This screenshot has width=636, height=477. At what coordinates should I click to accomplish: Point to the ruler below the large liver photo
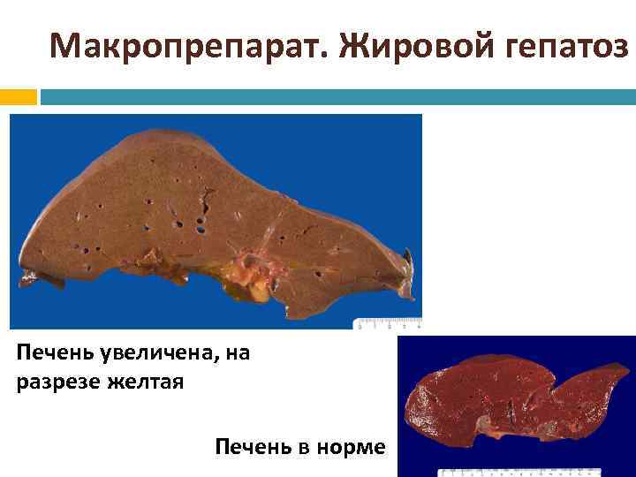pyautogui.click(x=387, y=322)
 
